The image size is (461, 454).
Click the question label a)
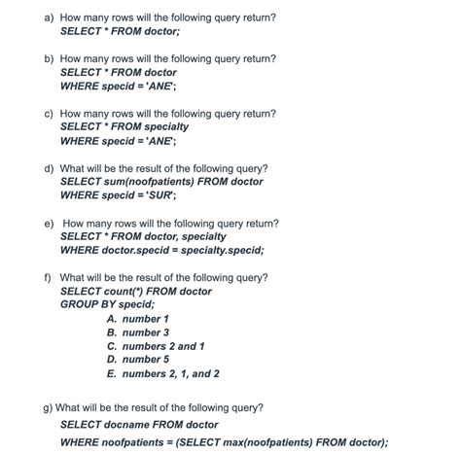pos(49,17)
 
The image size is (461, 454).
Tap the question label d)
pos(49,168)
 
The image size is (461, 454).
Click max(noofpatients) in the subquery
pos(263,441)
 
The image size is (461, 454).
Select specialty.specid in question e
pos(223,250)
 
